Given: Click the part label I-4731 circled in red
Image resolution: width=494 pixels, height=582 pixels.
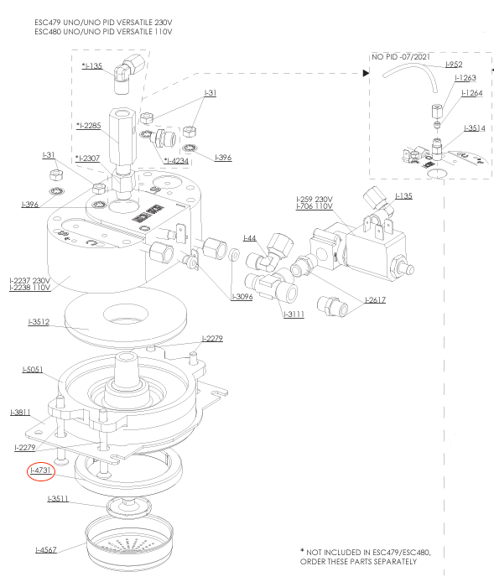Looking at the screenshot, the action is pyautogui.click(x=41, y=470).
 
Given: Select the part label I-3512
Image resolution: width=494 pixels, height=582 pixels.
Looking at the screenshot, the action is pyautogui.click(x=39, y=322).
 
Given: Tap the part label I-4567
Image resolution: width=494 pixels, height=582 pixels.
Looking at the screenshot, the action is pyautogui.click(x=46, y=549).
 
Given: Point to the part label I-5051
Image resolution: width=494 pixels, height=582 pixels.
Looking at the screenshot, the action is pyautogui.click(x=33, y=369).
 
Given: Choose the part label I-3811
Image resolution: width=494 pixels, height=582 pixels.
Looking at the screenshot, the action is pyautogui.click(x=20, y=413).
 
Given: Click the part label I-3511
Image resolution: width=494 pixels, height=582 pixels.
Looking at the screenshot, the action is pyautogui.click(x=58, y=498).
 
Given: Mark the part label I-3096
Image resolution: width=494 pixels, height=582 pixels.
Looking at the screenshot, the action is pyautogui.click(x=242, y=297).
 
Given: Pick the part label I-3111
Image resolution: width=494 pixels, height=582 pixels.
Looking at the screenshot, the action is pyautogui.click(x=294, y=314).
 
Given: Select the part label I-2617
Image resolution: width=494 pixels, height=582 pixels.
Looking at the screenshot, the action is pyautogui.click(x=375, y=300).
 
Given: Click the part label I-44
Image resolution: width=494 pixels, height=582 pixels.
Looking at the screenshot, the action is pyautogui.click(x=250, y=238).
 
